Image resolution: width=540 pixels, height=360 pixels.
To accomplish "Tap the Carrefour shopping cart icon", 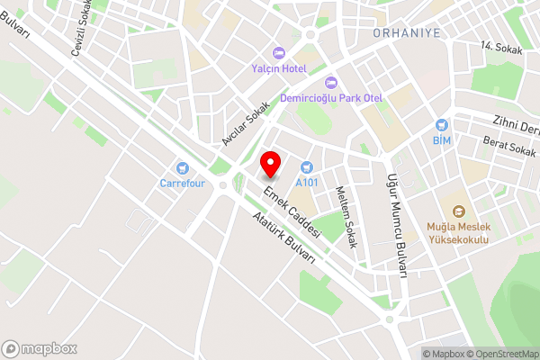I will pos(183,166).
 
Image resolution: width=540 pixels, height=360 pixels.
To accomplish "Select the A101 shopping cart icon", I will pos(307,166).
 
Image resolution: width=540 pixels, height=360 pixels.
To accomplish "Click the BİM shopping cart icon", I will pos(442,125).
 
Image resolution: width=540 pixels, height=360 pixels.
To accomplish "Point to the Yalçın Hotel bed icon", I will pos(278,52).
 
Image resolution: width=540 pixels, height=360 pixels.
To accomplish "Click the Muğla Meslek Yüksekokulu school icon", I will pos(459,212).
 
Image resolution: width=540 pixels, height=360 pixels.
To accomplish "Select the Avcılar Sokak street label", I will pos(246,123).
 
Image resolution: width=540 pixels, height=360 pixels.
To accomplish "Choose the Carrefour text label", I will pos(183,183).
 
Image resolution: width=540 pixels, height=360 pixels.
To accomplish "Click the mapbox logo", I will pos(40,348).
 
